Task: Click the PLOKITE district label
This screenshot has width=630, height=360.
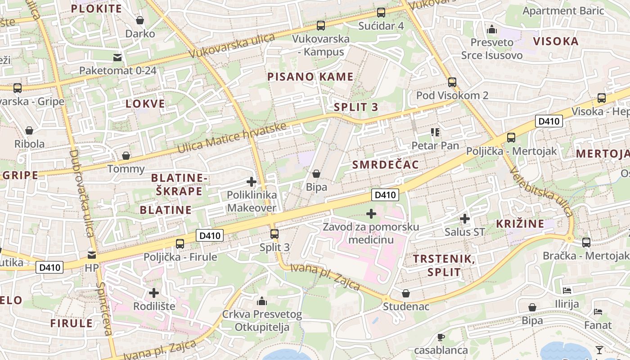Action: pos(96,9)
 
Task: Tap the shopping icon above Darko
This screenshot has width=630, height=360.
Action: pos(140,20)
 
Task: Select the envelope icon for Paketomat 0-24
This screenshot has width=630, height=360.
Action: pos(117,57)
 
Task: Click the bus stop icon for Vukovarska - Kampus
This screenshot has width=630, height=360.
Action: pos(321,26)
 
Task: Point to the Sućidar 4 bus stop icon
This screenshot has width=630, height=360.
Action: pos(381,13)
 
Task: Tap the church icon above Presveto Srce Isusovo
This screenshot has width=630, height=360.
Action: pos(492,29)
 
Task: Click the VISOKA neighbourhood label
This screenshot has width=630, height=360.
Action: pos(556,41)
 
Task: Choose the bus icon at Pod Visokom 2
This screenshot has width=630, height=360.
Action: pos(452,82)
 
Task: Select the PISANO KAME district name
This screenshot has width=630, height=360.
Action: pos(310,76)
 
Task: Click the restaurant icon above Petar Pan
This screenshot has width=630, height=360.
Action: pos(435,132)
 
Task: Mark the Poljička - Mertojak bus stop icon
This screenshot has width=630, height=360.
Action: pos(511,138)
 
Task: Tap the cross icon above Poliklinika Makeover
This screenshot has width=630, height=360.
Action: pos(252,182)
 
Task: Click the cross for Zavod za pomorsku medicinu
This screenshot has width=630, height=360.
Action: pos(371,214)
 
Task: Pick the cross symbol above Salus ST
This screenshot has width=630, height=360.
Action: pos(465,219)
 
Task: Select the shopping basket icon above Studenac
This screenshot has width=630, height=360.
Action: pos(406,293)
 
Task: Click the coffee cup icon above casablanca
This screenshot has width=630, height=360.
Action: pos(441,337)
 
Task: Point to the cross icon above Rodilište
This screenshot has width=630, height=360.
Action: pos(154,293)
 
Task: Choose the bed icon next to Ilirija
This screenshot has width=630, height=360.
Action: pos(567,291)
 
